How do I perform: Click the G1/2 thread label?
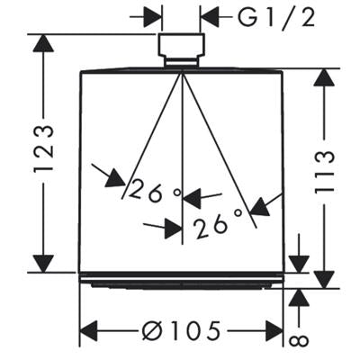click(x=276, y=18)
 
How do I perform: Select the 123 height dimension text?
click(x=44, y=149)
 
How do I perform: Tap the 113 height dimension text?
click(x=324, y=172)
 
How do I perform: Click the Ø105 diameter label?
click(x=181, y=331)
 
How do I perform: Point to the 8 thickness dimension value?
click(x=299, y=340)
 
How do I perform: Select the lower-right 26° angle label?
click(x=218, y=223)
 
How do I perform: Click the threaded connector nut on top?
click(x=182, y=49)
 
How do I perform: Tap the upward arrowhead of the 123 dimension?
click(x=44, y=44)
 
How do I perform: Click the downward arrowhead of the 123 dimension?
click(x=44, y=263)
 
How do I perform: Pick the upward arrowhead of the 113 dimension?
click(x=324, y=78)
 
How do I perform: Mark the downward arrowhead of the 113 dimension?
click(x=324, y=278)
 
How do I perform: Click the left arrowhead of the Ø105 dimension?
click(x=89, y=331)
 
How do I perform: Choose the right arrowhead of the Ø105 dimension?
click(x=273, y=331)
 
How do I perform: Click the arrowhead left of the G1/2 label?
click(x=211, y=17)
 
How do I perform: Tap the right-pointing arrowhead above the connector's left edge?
click(x=152, y=17)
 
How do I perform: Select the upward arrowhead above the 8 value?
click(x=299, y=299)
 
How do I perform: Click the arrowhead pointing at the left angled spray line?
click(x=116, y=178)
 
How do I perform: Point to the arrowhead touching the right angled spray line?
click(x=260, y=207)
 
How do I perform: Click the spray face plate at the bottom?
click(x=181, y=282)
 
